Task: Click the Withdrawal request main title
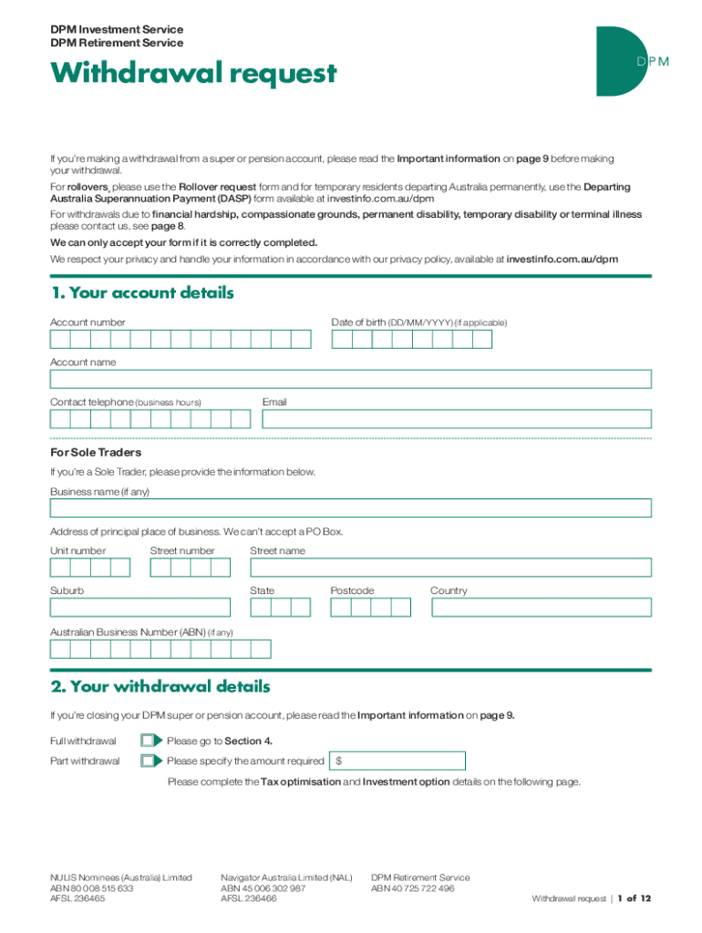pyautogui.click(x=193, y=73)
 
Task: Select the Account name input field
pyautogui.click(x=350, y=379)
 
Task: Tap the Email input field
pyautogui.click(x=456, y=419)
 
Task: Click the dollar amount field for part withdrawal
pyautogui.click(x=401, y=761)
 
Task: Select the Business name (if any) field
pyautogui.click(x=350, y=508)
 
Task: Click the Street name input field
pyautogui.click(x=450, y=568)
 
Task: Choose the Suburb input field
pyautogui.click(x=139, y=608)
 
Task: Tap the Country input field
pyautogui.click(x=540, y=608)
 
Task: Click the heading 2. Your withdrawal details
pyautogui.click(x=160, y=686)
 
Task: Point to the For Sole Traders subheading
pyautogui.click(x=96, y=452)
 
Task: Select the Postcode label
pyautogui.click(x=352, y=590)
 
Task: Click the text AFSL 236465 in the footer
pyautogui.click(x=77, y=897)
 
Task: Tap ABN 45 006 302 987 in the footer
pyautogui.click(x=263, y=887)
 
